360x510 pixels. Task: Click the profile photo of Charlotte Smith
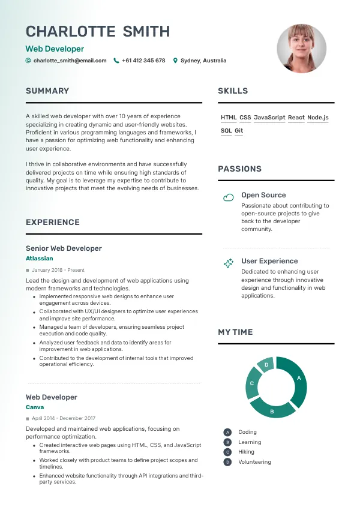[x=302, y=49]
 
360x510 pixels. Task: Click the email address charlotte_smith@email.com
[x=70, y=61]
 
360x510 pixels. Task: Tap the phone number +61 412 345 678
[x=143, y=61]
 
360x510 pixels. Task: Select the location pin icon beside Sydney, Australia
[x=175, y=61]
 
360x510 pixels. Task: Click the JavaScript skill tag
[x=269, y=118]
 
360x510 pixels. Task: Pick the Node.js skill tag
[x=317, y=118]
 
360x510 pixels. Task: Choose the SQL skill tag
[x=226, y=131]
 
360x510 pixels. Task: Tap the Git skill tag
[x=239, y=131]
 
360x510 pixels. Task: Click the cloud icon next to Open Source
[x=228, y=197]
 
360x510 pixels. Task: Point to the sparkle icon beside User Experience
[x=228, y=263]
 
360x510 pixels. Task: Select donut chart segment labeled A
[x=298, y=379]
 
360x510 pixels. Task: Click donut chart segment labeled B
[x=273, y=410]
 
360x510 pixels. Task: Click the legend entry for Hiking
[x=246, y=452]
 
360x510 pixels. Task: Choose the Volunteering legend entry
[x=254, y=462]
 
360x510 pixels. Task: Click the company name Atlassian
[x=40, y=259]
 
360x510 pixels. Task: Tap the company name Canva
[x=35, y=407]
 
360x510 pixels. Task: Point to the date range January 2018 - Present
[x=58, y=270]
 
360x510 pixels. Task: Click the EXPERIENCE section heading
[x=53, y=223]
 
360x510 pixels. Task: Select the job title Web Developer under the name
[x=55, y=49]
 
